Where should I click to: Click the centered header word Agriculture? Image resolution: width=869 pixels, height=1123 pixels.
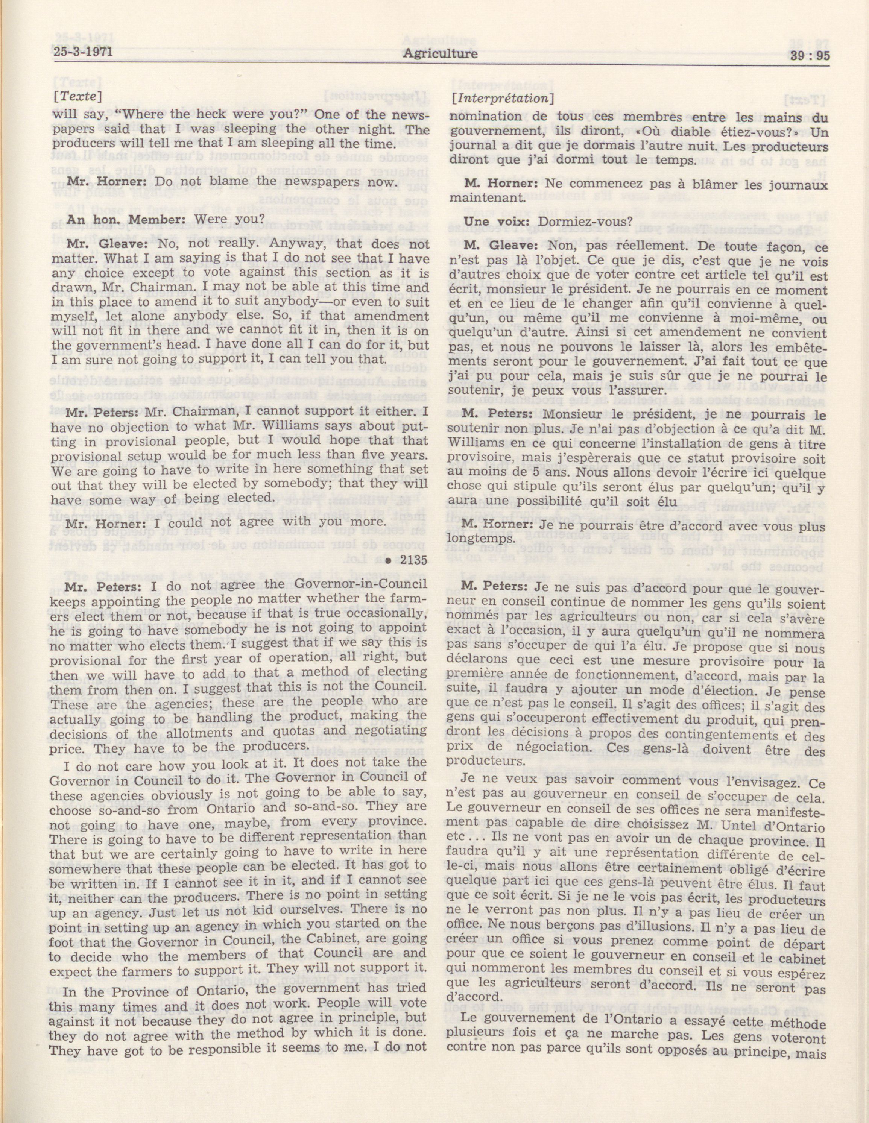[440, 53]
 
